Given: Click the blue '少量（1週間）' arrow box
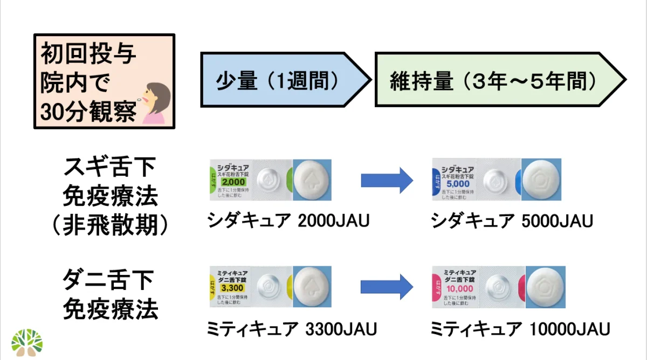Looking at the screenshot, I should click(280, 80).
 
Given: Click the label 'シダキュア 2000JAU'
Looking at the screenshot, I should click(289, 220).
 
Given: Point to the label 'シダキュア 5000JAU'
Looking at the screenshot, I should click(512, 220).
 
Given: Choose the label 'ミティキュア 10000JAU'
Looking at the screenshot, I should click(521, 328).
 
